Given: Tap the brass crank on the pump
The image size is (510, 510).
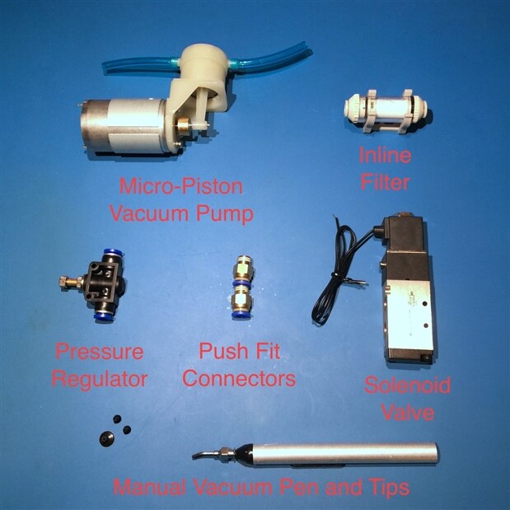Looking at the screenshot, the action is click(182, 124).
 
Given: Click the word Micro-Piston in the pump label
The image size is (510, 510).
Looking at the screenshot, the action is click(181, 186).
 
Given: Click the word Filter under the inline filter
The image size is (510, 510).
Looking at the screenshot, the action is click(385, 182).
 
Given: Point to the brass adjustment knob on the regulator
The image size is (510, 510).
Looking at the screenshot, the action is click(71, 281).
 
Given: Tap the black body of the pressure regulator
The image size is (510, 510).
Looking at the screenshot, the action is click(104, 282).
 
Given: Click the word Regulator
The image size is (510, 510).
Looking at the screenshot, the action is click(100, 379).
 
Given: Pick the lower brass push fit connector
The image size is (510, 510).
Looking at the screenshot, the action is click(241, 302).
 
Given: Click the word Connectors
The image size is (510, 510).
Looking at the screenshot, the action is click(239, 378).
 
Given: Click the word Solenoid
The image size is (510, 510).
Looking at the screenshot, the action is click(407, 385).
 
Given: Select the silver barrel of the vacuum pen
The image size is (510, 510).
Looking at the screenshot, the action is click(344, 454).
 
